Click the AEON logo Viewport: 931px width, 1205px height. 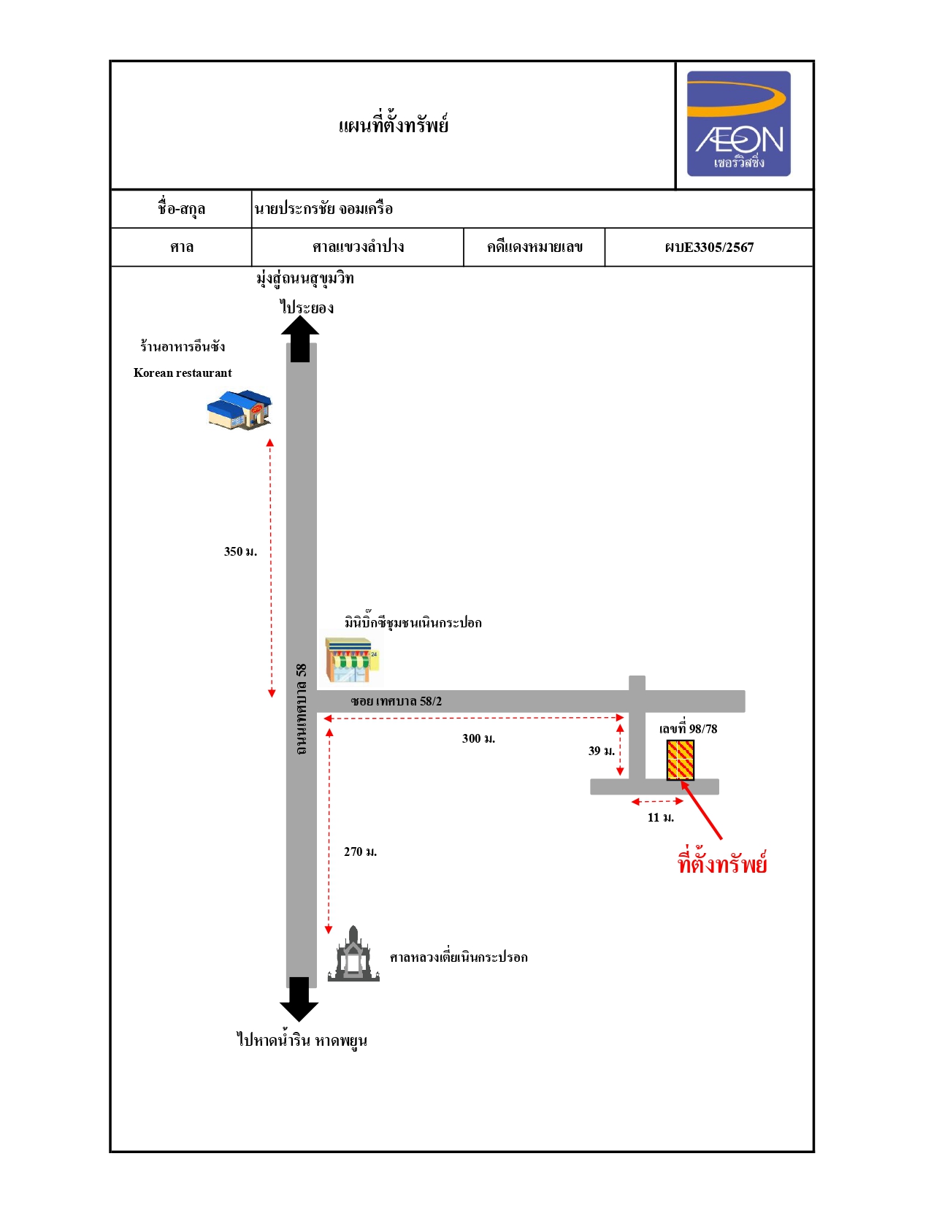click(x=738, y=123)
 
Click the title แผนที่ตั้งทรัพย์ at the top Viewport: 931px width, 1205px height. click(x=393, y=126)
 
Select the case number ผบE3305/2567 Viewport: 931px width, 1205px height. click(x=708, y=248)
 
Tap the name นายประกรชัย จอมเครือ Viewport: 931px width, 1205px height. click(x=323, y=209)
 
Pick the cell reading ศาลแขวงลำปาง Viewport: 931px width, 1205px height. click(x=358, y=247)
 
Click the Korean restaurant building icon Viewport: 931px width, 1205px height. click(x=240, y=410)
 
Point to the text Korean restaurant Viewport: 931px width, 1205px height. click(x=183, y=372)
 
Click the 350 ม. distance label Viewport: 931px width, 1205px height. click(x=240, y=551)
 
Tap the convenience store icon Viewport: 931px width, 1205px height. click(x=353, y=659)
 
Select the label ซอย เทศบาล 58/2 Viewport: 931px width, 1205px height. click(x=396, y=701)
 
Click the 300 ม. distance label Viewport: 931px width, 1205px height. click(x=478, y=738)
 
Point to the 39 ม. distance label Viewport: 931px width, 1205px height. click(x=601, y=751)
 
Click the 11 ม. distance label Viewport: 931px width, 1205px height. click(x=660, y=817)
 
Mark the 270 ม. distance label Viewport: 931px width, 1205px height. click(x=360, y=852)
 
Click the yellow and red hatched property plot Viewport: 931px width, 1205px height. click(x=680, y=760)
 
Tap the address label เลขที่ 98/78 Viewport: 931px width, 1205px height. click(x=688, y=729)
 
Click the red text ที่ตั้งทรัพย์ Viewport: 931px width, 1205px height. click(x=722, y=863)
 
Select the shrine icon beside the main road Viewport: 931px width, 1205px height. click(x=353, y=953)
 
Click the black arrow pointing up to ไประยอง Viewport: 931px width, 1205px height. click(x=300, y=340)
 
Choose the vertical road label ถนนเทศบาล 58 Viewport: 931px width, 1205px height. click(x=301, y=708)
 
